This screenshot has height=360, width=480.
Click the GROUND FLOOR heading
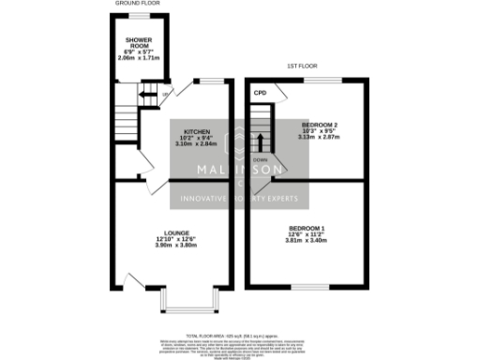click(x=137, y=4)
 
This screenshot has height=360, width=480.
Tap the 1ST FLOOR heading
click(x=303, y=66)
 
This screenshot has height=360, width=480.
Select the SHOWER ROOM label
click(x=139, y=42)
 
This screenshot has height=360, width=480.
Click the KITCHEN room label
click(x=196, y=131)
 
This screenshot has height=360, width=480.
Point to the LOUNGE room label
click(x=176, y=232)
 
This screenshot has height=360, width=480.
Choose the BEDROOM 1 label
click(x=307, y=228)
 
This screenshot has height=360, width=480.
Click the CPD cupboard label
click(x=260, y=92)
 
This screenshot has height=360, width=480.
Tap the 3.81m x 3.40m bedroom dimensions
click(x=307, y=240)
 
